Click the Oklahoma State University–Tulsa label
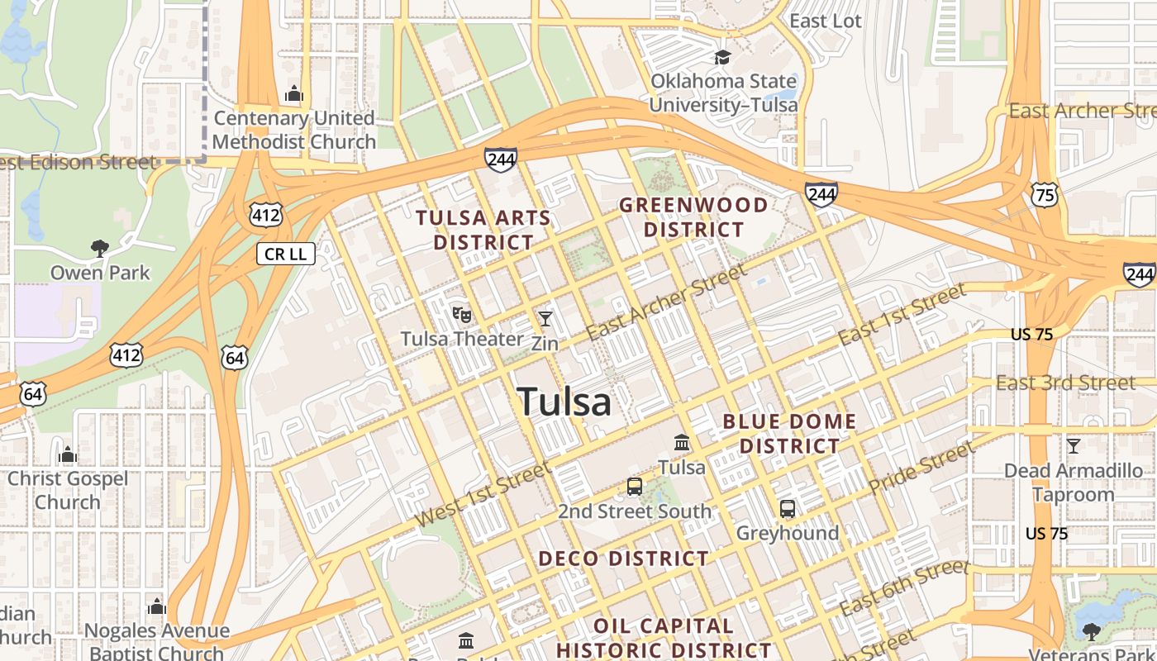coord(723,93)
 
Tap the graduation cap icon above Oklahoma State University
coord(723,57)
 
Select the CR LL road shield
coord(286,254)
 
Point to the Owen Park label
coord(100,273)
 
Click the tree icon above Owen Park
coord(100,248)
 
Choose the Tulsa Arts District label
coord(483,230)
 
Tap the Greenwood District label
coord(693,216)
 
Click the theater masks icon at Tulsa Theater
coord(461,315)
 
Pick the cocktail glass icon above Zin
coord(545,318)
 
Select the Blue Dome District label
coord(789,434)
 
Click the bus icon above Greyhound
coord(788,509)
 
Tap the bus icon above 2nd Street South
coord(634,487)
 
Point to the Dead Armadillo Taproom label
coord(1074,483)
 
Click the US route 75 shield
coord(1045,194)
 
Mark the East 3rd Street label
coord(1065,383)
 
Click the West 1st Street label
coord(483,495)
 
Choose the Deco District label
coord(623,559)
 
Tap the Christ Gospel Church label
coord(68,490)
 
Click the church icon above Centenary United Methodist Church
coord(293,94)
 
